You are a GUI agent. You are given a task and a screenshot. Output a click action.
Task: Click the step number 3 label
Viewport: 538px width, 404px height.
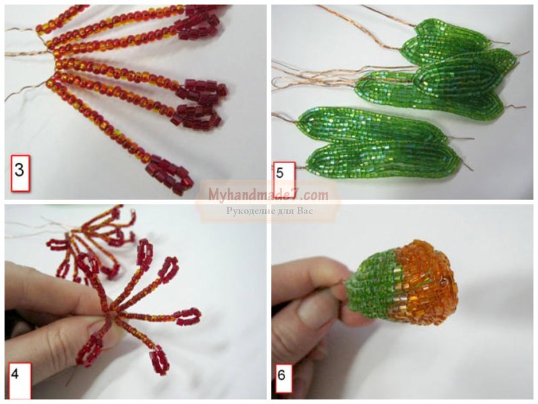[20, 173]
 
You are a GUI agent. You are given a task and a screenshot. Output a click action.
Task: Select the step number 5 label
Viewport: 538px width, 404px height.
[284, 176]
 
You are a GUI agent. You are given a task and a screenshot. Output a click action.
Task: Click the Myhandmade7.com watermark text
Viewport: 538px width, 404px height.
[268, 195]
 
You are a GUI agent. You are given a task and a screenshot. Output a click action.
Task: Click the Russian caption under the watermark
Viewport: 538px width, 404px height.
[270, 211]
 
